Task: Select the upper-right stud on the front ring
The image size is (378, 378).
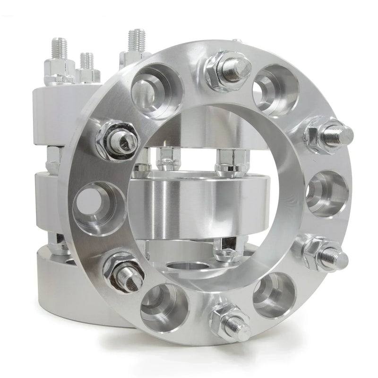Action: [x=331, y=135]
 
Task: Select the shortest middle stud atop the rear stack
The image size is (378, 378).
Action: [x=86, y=61]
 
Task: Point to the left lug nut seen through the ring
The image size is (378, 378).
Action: [x=166, y=159]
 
